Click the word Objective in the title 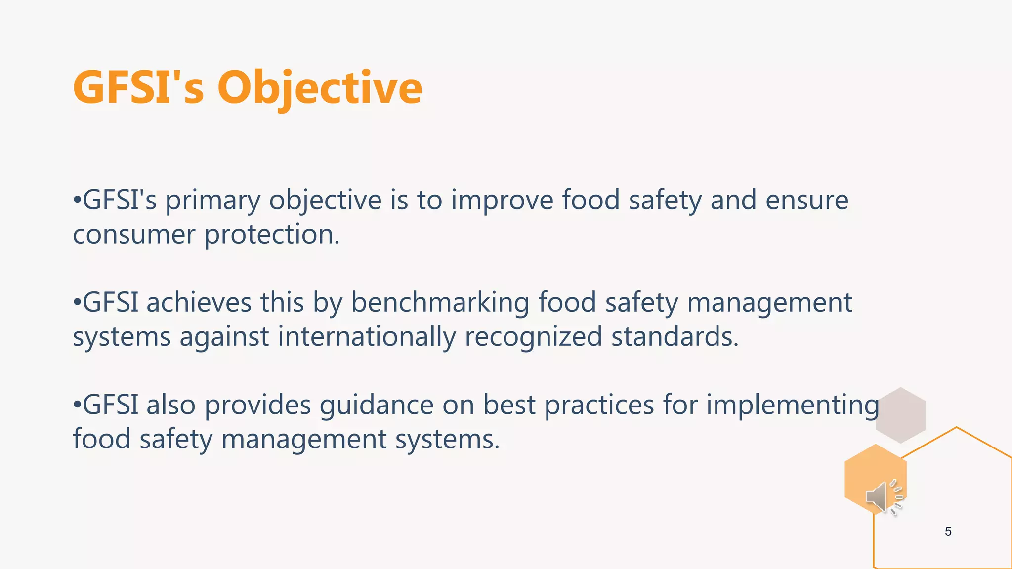click(320, 88)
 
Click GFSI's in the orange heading click(138, 88)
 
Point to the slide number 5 click(948, 531)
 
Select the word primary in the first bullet click(212, 201)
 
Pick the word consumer click(134, 234)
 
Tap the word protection click(272, 234)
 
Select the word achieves click(199, 303)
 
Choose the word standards click(675, 337)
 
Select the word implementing click(793, 406)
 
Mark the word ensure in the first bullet click(806, 201)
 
